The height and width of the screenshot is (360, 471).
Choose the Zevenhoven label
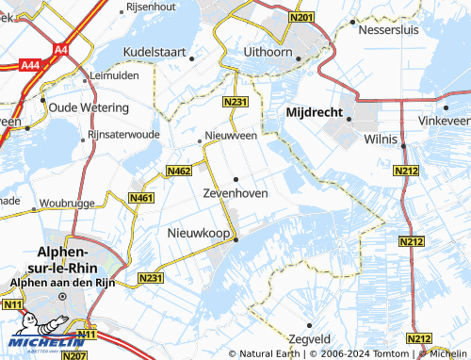235,192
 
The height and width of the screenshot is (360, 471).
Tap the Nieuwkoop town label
199,232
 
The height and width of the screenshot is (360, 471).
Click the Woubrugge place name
63,202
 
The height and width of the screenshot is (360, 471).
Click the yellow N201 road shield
301,17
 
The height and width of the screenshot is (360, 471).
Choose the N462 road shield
179,171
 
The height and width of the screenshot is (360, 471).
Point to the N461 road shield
141,197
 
